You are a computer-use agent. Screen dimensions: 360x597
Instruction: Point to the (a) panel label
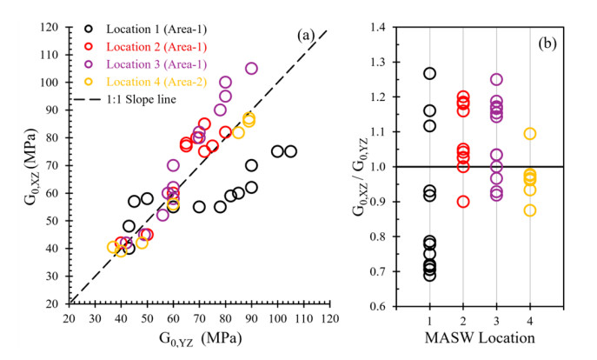[x=306, y=37]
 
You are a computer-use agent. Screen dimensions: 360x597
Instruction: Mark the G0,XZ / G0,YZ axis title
[x=361, y=167]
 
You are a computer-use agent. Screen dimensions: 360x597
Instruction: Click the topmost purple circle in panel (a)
[x=251, y=69]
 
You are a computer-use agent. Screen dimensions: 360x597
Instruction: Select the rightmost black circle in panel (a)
[x=290, y=151]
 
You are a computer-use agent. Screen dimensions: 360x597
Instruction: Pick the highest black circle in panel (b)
[x=429, y=74]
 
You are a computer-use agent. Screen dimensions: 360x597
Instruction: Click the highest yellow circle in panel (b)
[x=529, y=134]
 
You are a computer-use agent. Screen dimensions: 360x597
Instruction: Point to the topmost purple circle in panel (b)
[x=496, y=80]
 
